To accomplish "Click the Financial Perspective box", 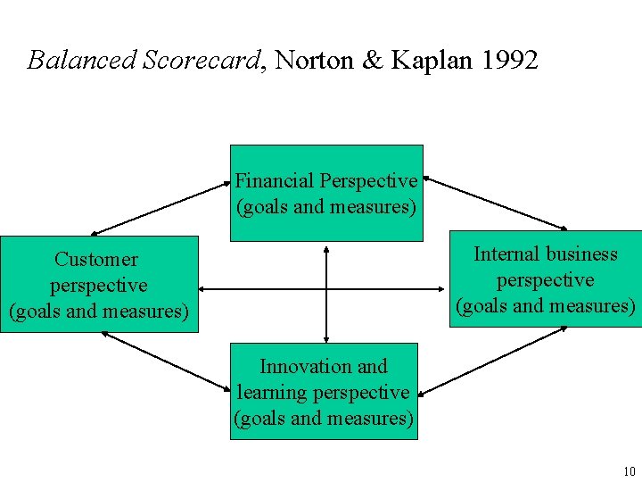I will coord(326,194).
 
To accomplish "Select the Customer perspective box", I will coord(99,285).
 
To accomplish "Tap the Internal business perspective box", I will coord(545,279).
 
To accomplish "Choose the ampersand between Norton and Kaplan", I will coord(372,60).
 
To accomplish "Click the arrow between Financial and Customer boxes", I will coord(160,208).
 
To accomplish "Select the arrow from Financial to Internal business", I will coord(495,203).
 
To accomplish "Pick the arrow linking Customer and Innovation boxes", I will coord(165,360).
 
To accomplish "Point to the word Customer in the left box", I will coord(96,260).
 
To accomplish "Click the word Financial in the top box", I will coord(275,181).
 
